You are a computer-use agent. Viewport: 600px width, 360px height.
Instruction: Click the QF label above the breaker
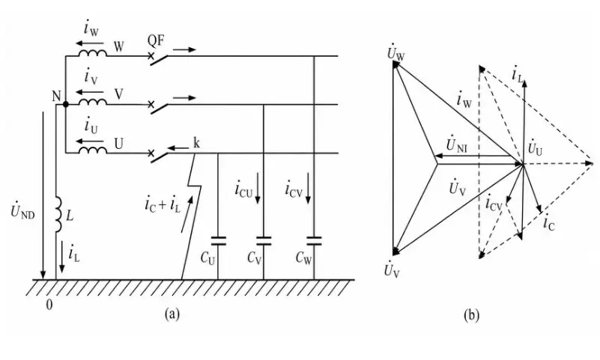(156, 40)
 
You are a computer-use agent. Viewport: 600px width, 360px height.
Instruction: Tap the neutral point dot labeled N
(65, 104)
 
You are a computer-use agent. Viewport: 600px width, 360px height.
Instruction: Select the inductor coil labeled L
(58, 214)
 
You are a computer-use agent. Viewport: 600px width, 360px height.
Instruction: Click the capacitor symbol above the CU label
(218, 241)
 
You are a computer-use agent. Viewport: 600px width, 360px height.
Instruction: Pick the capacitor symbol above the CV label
(264, 241)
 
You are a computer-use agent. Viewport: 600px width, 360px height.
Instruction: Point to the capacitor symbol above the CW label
(314, 241)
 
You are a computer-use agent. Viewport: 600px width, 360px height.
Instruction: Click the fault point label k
(196, 143)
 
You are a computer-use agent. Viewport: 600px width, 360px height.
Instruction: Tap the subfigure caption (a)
(172, 314)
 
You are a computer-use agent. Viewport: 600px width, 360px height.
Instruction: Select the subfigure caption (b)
(471, 315)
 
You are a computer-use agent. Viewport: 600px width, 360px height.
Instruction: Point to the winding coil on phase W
(93, 52)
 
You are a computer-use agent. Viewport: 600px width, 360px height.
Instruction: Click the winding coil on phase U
(93, 150)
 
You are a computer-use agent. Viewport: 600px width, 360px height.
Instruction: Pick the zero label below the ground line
(49, 305)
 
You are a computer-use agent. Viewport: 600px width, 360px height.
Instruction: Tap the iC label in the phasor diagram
(549, 223)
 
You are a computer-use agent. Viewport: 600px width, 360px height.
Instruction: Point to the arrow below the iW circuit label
(90, 43)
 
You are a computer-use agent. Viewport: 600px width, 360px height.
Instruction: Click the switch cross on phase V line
(151, 104)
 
